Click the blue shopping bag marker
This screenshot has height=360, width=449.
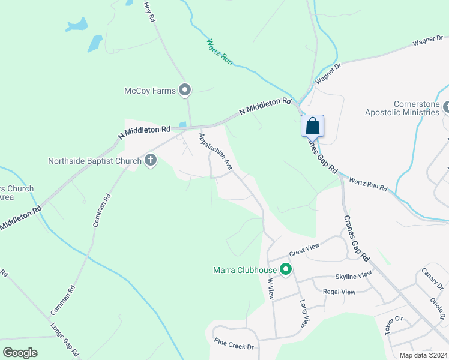312,126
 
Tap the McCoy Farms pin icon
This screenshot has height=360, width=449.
185,91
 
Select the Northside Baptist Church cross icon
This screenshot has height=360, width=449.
150,160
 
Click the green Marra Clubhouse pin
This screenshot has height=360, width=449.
286,270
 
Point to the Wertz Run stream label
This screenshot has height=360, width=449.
219,52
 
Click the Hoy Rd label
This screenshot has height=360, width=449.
149,12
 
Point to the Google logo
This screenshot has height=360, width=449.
20,352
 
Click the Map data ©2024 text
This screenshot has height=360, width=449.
423,355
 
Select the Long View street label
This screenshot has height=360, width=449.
304,314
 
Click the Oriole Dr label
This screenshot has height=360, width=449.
436,307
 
